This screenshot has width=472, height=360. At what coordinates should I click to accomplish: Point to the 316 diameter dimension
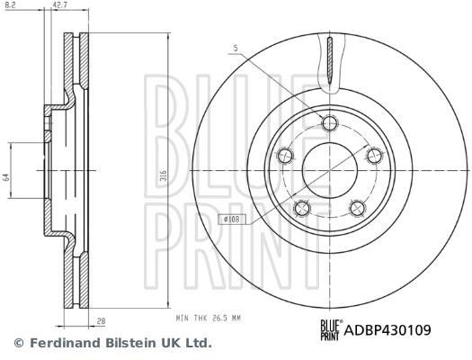click(164, 175)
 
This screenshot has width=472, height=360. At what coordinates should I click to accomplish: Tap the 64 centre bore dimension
click(6, 176)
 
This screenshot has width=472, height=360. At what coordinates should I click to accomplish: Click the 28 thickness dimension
click(102, 321)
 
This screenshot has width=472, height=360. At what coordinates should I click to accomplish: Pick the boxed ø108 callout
click(231, 219)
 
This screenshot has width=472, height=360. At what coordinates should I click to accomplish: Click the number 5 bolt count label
click(236, 49)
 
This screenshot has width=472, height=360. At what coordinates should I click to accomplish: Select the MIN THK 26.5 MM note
click(209, 318)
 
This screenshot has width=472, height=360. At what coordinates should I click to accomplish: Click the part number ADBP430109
click(387, 330)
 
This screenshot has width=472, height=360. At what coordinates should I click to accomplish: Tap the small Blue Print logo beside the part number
click(331, 330)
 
